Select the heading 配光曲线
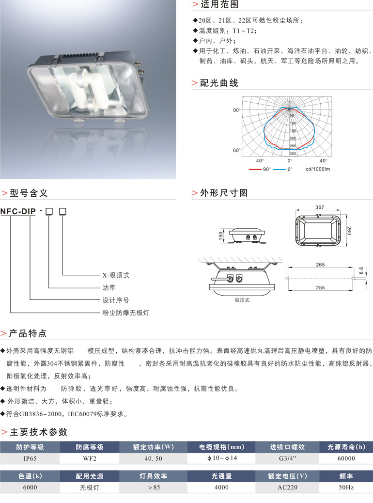(x=219, y=83)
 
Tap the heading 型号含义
(x=29, y=193)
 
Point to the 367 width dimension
(x=319, y=207)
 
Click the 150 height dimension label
(x=220, y=236)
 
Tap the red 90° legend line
(x=255, y=170)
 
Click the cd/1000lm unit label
(x=318, y=170)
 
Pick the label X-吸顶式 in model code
(x=116, y=275)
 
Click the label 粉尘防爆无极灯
(x=125, y=313)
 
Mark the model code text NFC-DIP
(x=18, y=211)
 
